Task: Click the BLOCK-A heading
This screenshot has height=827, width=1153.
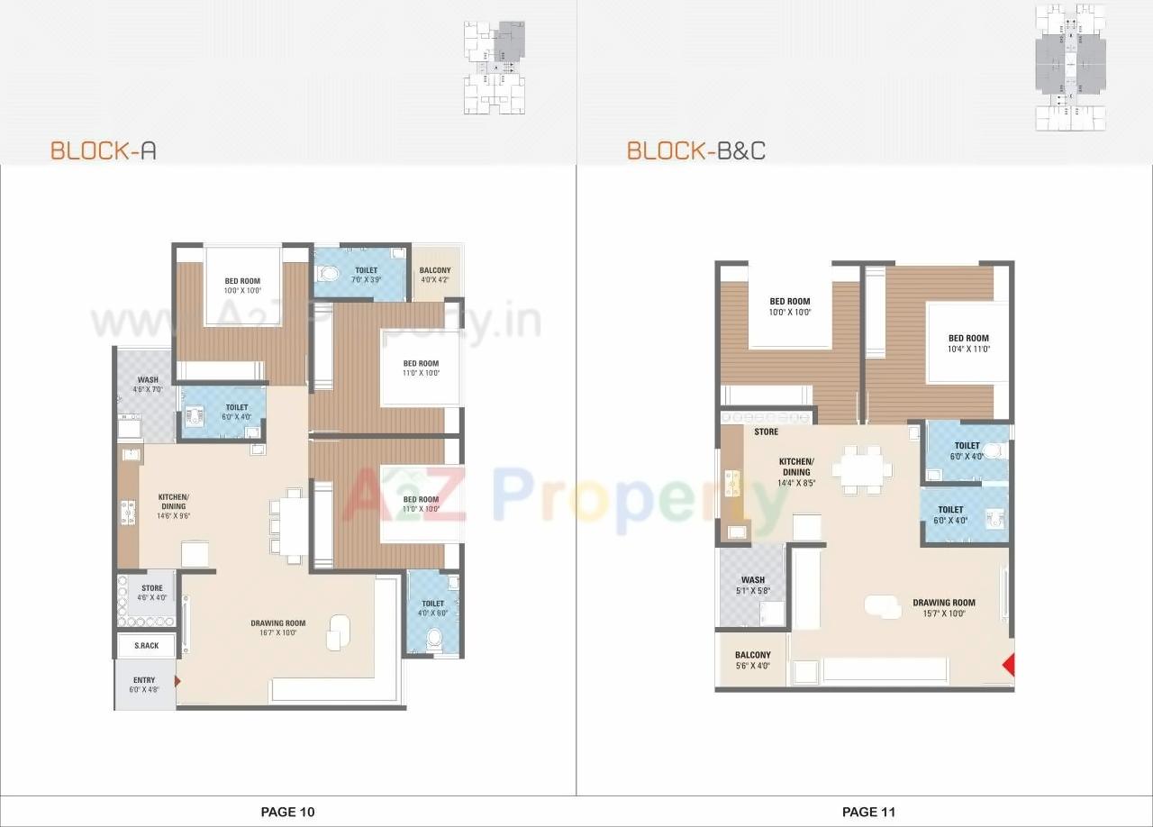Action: click(103, 150)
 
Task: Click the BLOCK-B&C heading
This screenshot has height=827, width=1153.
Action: click(696, 150)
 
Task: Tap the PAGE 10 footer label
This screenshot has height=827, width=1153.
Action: click(287, 812)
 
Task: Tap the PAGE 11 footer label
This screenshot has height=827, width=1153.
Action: click(868, 812)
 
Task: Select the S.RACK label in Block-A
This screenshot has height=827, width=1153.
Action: click(146, 646)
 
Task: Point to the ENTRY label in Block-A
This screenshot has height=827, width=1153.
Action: click(144, 680)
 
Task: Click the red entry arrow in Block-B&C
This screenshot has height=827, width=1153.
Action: click(1008, 666)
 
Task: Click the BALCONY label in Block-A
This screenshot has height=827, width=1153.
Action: click(435, 270)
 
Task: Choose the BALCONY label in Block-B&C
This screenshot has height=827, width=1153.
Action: click(752, 656)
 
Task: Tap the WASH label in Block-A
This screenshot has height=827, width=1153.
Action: click(148, 380)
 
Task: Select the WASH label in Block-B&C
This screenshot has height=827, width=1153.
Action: click(752, 580)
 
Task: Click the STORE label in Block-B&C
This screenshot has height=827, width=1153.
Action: click(766, 432)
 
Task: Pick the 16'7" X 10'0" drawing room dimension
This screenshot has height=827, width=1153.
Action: click(277, 632)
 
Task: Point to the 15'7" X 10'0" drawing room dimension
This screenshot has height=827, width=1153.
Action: click(943, 613)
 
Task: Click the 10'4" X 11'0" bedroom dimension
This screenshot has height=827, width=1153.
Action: click(968, 349)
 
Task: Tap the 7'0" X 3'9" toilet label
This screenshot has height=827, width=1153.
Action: click(366, 280)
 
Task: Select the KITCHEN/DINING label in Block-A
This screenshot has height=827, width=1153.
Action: click(174, 502)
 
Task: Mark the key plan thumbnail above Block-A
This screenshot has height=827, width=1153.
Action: click(495, 68)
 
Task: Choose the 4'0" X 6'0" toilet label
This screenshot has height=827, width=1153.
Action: click(432, 613)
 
